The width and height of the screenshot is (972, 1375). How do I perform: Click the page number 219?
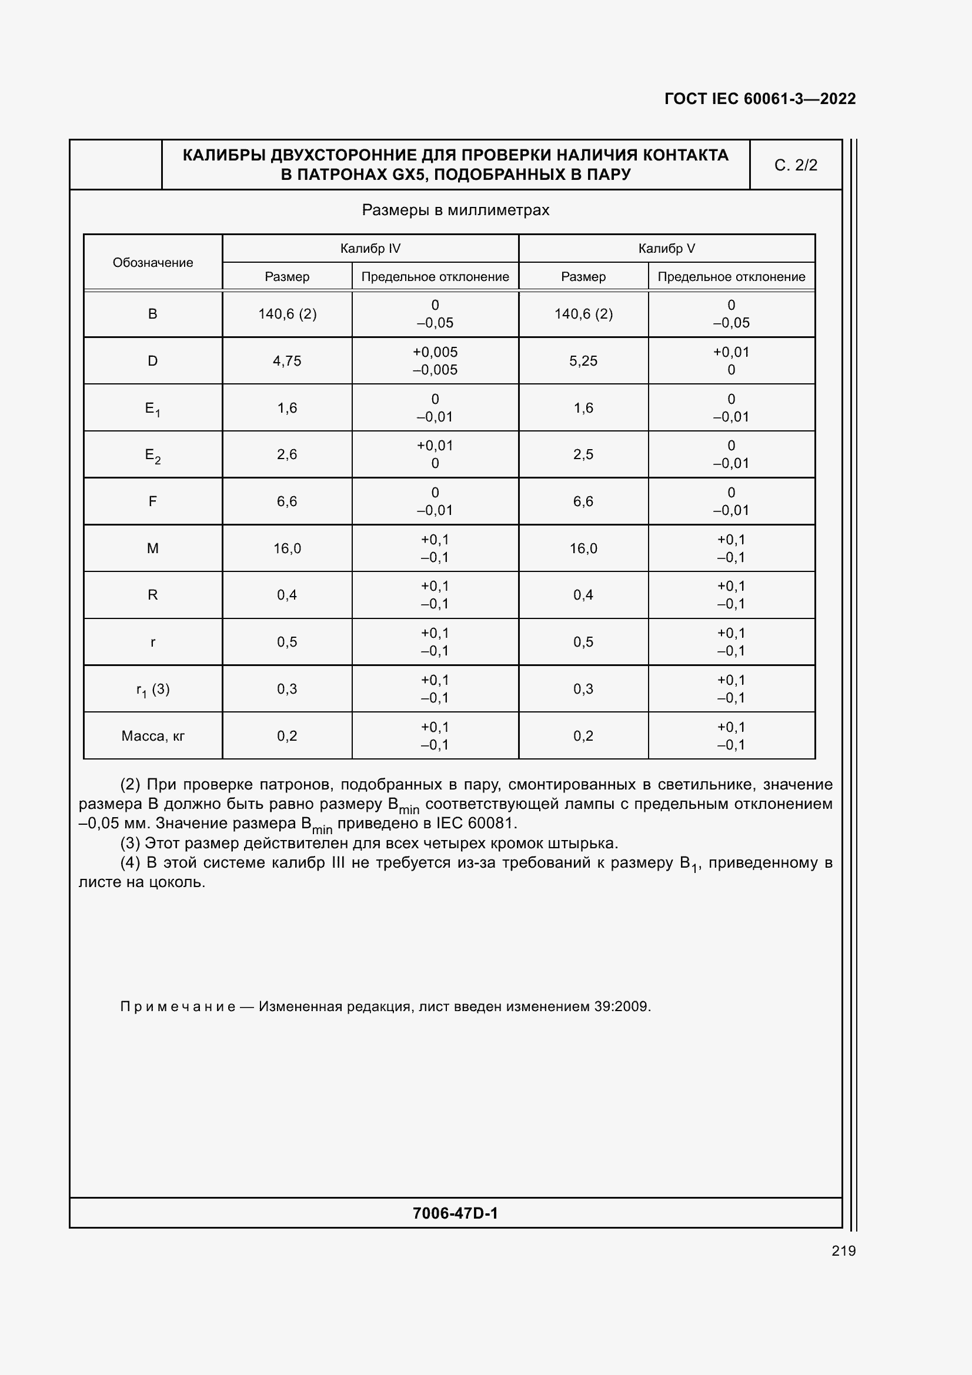click(843, 1250)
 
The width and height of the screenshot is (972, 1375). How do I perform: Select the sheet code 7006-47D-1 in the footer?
click(455, 1213)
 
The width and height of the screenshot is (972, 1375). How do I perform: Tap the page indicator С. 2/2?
click(796, 165)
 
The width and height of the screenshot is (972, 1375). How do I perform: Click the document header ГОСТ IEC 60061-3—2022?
click(760, 99)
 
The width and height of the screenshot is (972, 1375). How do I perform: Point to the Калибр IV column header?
click(370, 249)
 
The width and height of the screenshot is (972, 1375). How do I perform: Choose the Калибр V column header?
click(667, 249)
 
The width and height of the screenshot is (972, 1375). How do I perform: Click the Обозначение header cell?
click(153, 262)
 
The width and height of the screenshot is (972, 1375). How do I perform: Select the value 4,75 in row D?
click(287, 361)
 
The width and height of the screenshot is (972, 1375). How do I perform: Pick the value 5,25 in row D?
click(583, 361)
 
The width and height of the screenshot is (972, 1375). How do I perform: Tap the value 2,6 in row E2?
click(287, 454)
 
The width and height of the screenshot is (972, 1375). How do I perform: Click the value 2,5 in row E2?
click(583, 454)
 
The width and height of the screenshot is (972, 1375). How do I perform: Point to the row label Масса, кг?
click(153, 736)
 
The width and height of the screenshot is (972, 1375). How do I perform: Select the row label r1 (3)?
click(153, 690)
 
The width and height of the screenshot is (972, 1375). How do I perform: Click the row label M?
click(153, 548)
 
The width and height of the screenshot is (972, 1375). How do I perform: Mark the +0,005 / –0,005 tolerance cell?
click(435, 361)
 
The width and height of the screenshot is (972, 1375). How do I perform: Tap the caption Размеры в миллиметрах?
click(455, 210)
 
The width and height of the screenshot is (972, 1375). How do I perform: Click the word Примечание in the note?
click(177, 1006)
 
